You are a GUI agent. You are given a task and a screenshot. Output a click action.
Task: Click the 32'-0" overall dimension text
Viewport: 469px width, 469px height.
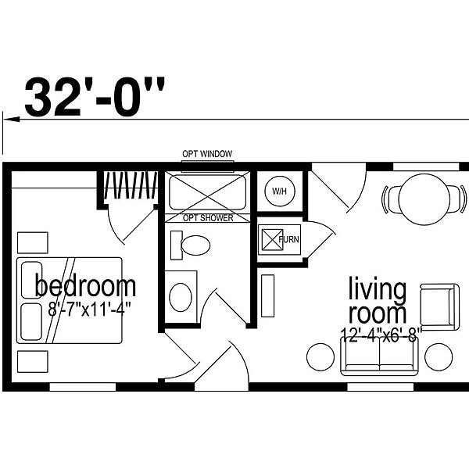(x=95, y=96)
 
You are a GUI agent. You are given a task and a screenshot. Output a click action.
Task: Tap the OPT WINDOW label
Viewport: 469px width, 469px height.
(x=207, y=154)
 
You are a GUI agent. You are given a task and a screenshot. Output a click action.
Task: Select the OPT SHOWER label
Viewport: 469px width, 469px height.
(x=208, y=218)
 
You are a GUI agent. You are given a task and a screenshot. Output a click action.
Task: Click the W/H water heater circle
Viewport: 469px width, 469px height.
(x=280, y=192)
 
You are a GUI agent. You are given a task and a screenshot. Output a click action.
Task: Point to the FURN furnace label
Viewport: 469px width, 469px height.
(x=288, y=239)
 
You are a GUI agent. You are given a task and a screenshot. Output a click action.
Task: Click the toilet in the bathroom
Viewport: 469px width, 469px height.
(x=190, y=245)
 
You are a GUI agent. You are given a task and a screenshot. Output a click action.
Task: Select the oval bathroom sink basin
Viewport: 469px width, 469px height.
(x=181, y=297)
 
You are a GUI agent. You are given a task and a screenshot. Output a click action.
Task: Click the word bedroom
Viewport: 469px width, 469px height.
(x=85, y=286)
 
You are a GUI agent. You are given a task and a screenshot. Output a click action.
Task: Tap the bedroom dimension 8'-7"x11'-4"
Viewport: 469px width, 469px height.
(x=90, y=309)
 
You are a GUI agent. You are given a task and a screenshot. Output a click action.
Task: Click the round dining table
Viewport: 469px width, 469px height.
(x=424, y=199)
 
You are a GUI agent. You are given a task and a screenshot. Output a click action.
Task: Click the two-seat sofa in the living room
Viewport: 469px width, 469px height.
(x=380, y=356)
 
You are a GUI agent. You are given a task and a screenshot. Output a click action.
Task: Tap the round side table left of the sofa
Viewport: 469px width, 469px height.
(x=320, y=357)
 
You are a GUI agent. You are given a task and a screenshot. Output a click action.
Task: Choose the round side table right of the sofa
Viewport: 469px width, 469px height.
(x=439, y=357)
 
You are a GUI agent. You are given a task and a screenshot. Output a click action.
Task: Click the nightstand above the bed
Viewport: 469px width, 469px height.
(x=33, y=242)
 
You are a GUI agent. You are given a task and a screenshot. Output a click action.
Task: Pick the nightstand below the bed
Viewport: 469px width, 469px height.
(x=33, y=362)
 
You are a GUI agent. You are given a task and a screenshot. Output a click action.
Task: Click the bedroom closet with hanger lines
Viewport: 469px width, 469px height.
(x=131, y=185)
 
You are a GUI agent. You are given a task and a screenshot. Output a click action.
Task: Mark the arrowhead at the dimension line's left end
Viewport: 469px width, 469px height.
(x=12, y=120)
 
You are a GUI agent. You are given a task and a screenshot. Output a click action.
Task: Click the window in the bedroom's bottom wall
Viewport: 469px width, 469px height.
(x=83, y=387)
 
